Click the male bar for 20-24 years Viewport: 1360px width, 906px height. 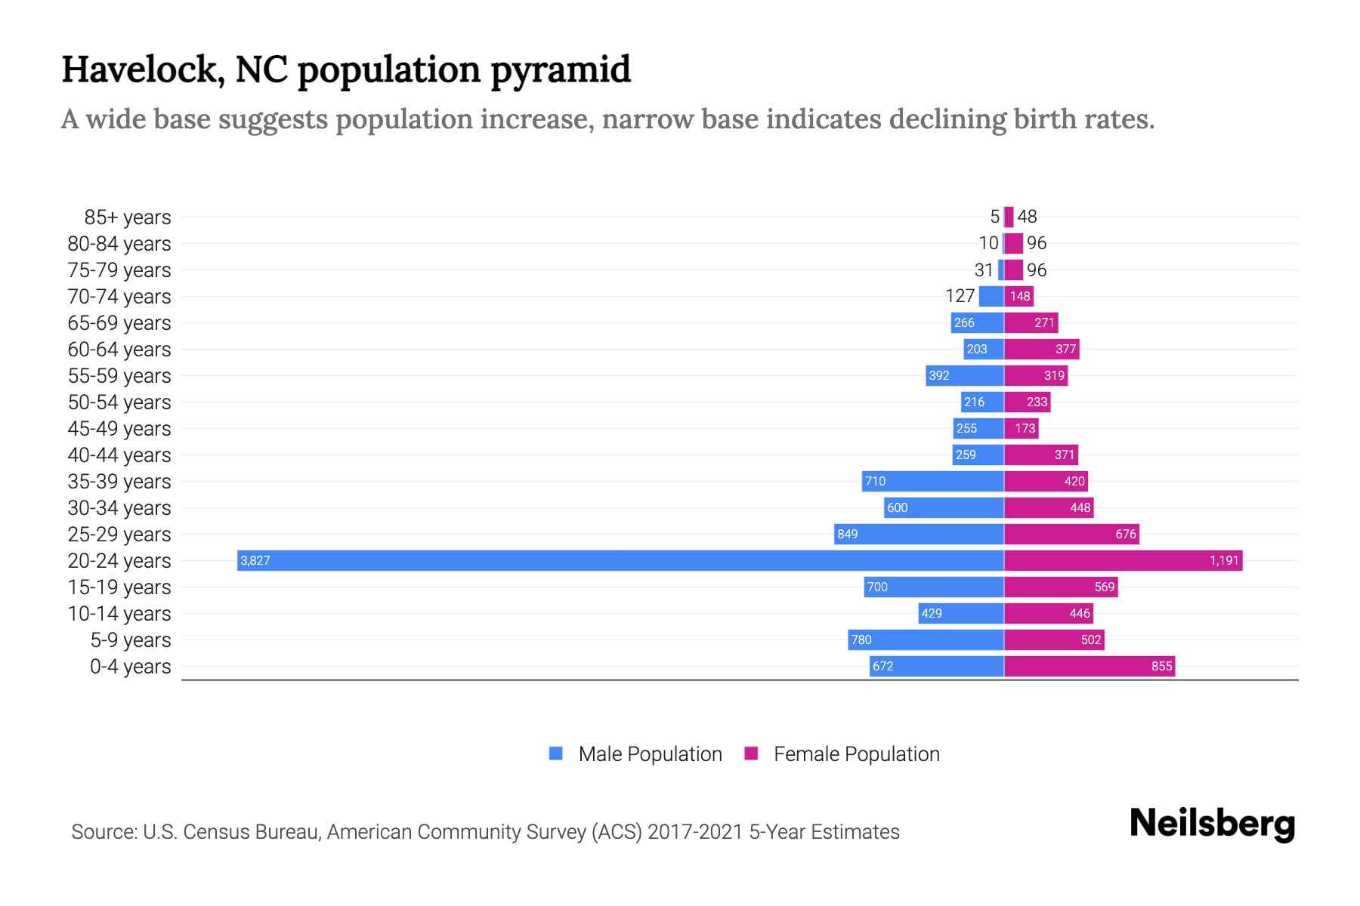(620, 560)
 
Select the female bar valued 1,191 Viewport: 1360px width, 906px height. (1123, 560)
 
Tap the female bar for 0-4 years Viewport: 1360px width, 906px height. (1090, 666)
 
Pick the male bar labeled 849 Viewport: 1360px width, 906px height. (919, 534)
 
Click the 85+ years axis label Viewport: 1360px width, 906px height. (127, 217)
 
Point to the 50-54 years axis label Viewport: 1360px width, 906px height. (119, 402)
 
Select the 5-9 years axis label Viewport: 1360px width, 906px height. (130, 640)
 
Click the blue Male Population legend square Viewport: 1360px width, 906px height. (556, 753)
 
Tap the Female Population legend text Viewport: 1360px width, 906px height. (856, 754)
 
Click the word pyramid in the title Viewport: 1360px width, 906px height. (560, 70)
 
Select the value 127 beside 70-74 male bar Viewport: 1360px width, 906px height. (960, 296)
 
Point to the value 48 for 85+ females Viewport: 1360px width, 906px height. (1027, 217)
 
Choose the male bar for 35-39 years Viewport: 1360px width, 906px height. (933, 481)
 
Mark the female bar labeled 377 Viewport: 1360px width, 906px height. (1041, 349)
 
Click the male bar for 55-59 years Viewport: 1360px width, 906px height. (965, 375)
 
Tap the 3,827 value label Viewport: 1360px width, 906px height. (255, 560)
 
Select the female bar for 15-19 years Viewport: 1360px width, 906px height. (1061, 587)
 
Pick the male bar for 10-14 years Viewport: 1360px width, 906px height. (961, 613)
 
